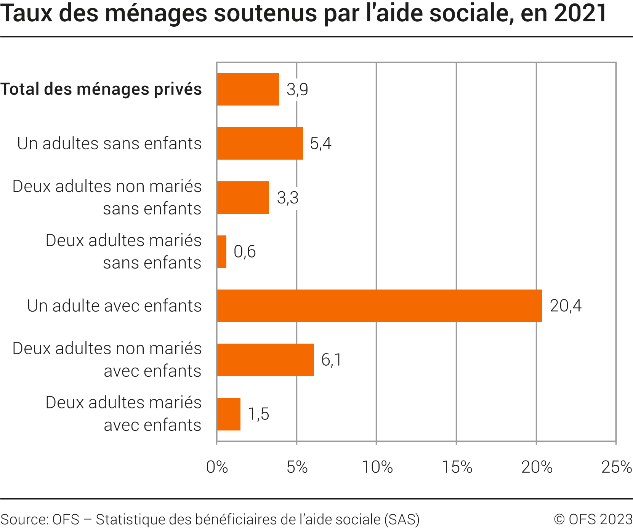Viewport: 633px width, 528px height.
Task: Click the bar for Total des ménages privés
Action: (248, 89)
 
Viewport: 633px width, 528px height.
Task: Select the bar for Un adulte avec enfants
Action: (379, 306)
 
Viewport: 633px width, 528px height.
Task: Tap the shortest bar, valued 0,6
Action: (222, 251)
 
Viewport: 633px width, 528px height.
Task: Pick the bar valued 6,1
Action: (265, 360)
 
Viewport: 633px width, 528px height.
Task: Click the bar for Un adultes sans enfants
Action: (260, 143)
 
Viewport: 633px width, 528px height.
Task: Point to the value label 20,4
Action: (566, 306)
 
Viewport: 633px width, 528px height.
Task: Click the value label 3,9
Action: (297, 90)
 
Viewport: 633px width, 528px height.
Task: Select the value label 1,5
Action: (259, 414)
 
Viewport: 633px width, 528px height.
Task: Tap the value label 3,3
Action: (287, 198)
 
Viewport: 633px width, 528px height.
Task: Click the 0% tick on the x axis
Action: (217, 467)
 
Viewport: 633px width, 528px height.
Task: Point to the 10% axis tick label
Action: (377, 467)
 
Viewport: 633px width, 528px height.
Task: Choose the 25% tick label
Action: (616, 467)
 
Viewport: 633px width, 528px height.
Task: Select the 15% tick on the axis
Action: (457, 467)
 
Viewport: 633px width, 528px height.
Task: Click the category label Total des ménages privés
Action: (101, 89)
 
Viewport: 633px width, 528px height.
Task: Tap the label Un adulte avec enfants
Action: (114, 306)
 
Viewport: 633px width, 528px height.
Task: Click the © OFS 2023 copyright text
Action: (593, 519)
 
